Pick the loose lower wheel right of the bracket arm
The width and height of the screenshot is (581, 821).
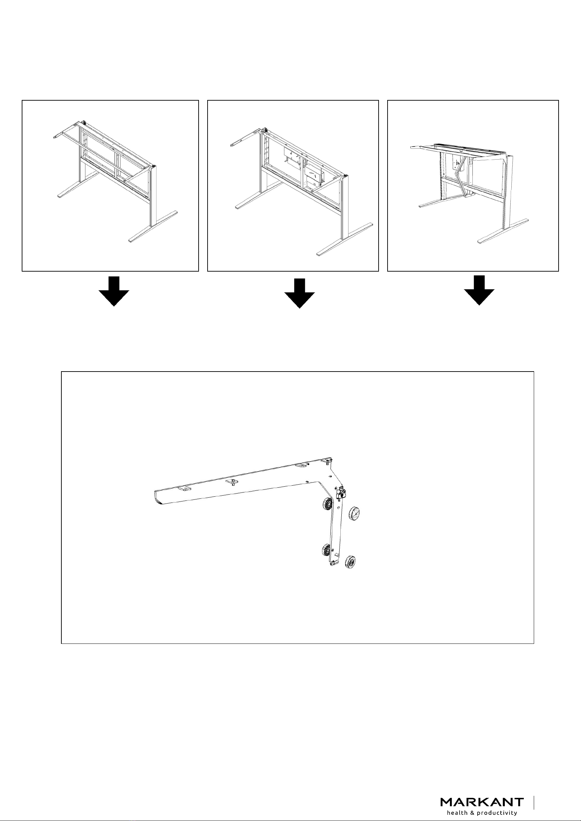pyautogui.click(x=350, y=562)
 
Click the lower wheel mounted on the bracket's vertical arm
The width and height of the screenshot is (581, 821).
pyautogui.click(x=326, y=549)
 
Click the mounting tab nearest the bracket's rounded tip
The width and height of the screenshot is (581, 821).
pyautogui.click(x=184, y=489)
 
